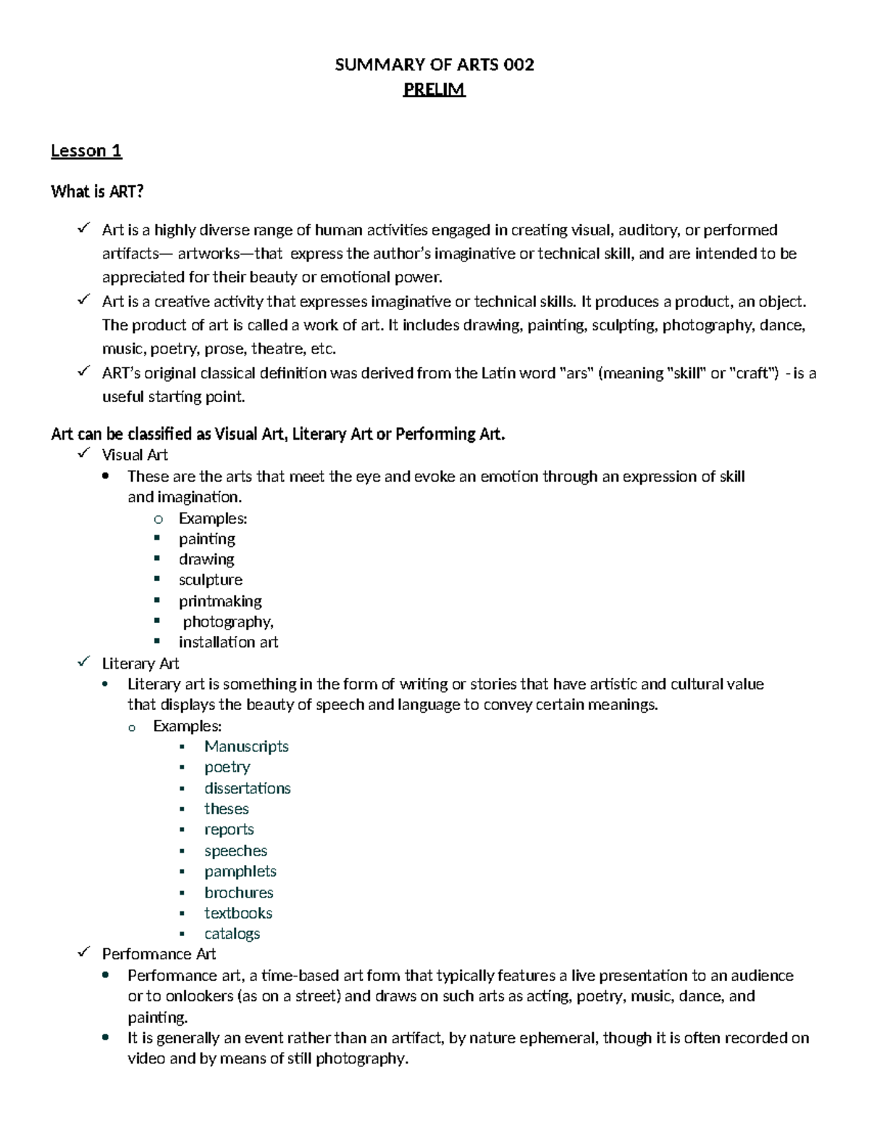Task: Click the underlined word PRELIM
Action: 434,90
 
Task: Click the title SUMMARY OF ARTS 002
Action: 434,65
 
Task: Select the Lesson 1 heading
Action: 86,151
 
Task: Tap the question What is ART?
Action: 97,191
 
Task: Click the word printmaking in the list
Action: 220,601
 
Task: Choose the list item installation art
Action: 228,642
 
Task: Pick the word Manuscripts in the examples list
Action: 246,746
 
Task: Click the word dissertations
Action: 247,788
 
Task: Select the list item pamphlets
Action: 240,871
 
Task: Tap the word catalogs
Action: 232,934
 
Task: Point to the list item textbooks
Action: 238,913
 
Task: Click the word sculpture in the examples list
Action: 210,580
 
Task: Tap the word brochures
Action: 238,892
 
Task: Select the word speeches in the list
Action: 235,850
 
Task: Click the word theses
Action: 226,809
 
